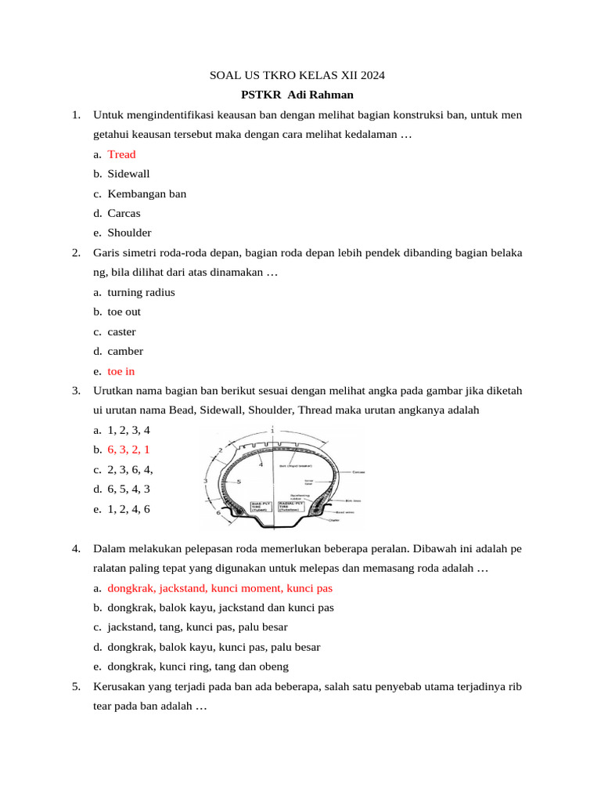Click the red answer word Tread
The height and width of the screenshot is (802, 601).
tap(121, 154)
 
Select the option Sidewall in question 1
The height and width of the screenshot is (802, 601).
tap(128, 174)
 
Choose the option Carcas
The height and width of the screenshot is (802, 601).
tap(124, 213)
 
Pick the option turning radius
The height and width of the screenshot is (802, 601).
tap(141, 292)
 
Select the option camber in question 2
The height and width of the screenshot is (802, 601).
tap(125, 351)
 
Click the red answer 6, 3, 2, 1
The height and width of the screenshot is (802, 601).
tap(128, 450)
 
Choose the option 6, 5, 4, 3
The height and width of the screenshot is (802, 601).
tap(128, 489)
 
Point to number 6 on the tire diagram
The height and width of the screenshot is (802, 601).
tap(218, 512)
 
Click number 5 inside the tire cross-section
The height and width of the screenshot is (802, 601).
tap(238, 481)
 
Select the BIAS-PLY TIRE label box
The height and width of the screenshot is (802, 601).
tap(260, 505)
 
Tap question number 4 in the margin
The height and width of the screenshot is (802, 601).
tap(76, 548)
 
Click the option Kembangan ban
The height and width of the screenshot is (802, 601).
tap(146, 193)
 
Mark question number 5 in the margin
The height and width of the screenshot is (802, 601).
tap(76, 686)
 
